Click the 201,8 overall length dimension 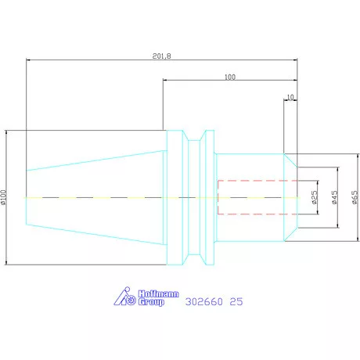tap(162, 56)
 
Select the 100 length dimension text tap(230, 77)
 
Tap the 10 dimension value tap(290, 97)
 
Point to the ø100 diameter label tap(3, 197)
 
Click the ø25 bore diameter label tap(315, 197)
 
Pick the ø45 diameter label tap(334, 197)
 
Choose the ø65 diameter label tap(355, 197)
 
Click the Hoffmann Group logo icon tap(124, 296)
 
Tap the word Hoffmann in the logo tap(158, 293)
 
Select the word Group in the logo tap(151, 302)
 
